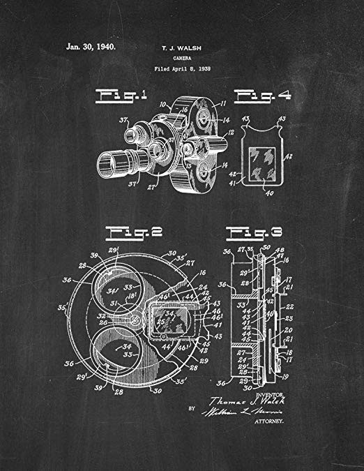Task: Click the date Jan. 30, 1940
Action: pos(91,47)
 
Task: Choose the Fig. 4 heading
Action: pos(266,95)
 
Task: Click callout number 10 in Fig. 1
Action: pos(162,105)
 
